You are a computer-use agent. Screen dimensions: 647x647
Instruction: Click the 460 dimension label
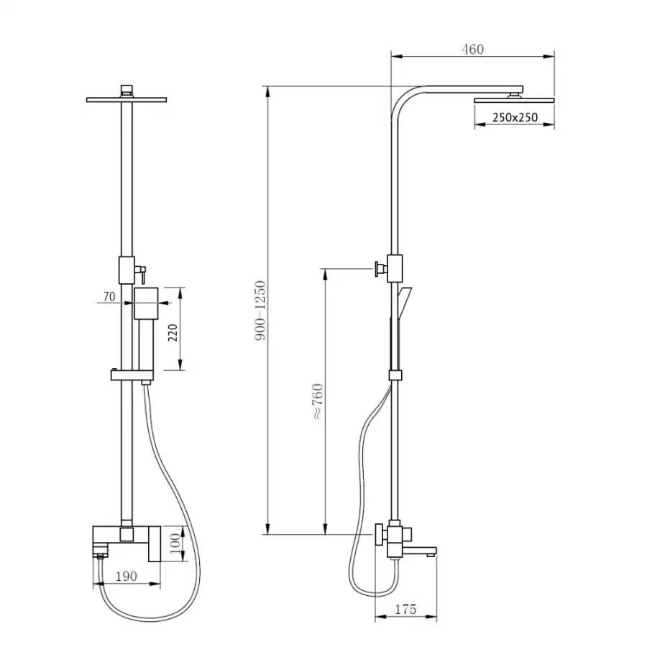472,50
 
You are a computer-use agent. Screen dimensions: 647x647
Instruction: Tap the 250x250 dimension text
515,118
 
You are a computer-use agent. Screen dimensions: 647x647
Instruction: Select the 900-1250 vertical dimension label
260,311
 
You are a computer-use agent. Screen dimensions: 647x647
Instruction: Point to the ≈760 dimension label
318,401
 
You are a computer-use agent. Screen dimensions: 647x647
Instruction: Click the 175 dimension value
405,610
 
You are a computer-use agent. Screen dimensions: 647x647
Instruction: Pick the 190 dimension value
126,576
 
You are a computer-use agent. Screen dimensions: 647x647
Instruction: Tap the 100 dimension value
175,543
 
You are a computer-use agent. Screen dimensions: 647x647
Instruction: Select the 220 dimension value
173,333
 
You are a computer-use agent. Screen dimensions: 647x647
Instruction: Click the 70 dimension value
109,296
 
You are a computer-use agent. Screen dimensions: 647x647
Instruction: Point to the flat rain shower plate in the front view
127,99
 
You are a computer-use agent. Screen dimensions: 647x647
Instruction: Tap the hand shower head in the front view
147,303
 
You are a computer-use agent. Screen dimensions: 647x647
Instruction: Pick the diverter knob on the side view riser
381,269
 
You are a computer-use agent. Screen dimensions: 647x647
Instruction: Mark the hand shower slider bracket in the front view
132,375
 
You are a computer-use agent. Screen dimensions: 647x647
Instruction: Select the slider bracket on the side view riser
395,375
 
